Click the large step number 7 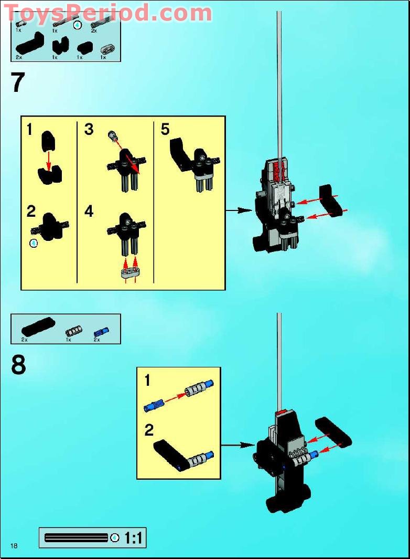tap(18, 83)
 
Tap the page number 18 tap(14, 546)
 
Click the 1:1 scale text tap(133, 538)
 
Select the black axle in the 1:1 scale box tap(77, 538)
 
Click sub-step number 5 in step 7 tap(165, 129)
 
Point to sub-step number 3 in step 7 tap(89, 129)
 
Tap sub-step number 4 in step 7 tap(89, 212)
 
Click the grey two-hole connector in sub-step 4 tap(129, 272)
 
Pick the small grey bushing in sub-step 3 tap(112, 136)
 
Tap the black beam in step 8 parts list tap(38, 327)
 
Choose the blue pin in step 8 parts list tap(101, 332)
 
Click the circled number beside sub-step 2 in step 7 tap(34, 242)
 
